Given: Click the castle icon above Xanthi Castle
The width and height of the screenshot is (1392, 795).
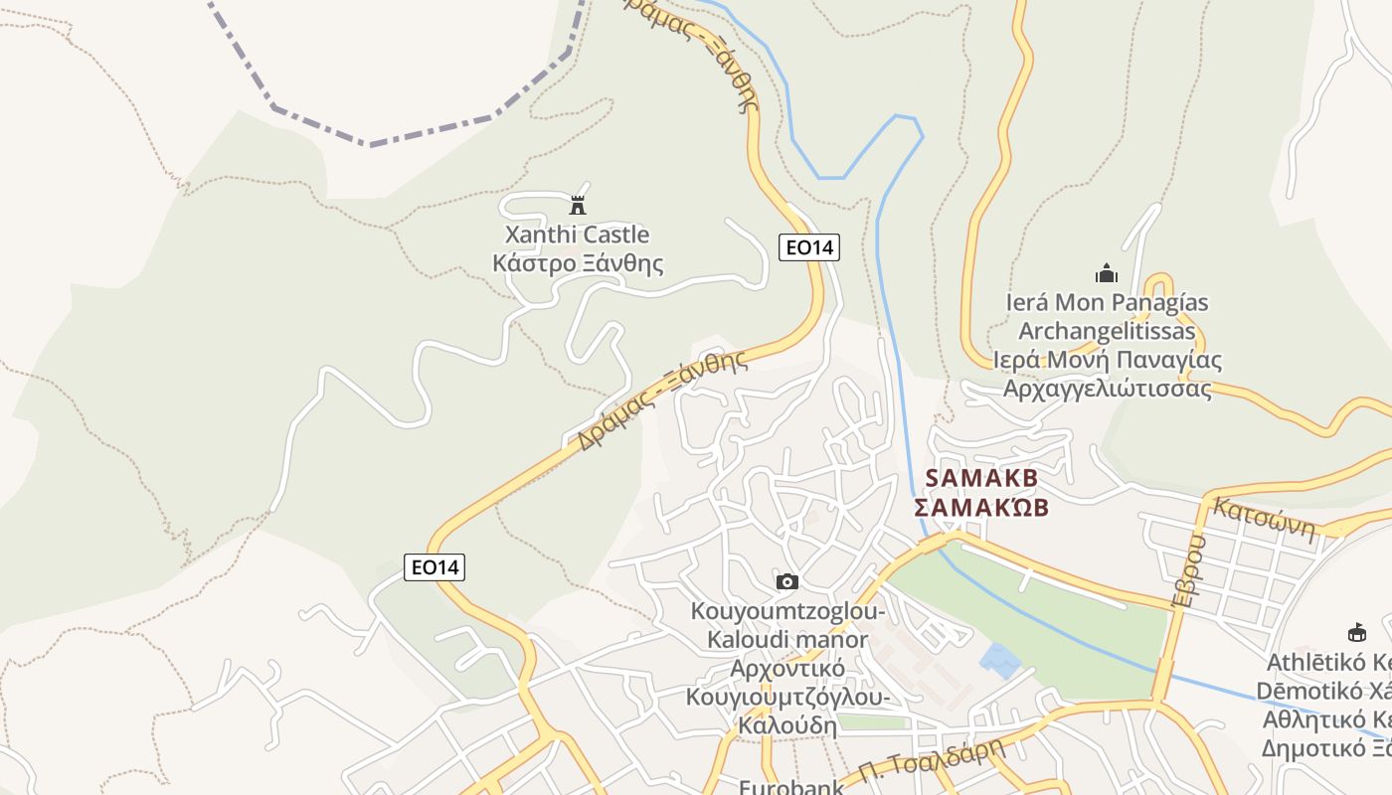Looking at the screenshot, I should click(x=577, y=206).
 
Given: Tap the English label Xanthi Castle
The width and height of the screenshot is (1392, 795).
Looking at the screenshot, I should click(x=577, y=236).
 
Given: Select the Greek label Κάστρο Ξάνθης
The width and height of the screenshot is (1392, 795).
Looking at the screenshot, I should click(x=578, y=263).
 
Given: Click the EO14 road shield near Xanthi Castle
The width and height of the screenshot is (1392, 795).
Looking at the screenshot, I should click(x=809, y=247).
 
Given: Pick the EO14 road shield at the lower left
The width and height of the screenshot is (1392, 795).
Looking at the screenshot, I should click(x=435, y=567).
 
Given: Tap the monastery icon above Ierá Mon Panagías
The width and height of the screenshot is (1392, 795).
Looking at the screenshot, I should click(x=1106, y=273).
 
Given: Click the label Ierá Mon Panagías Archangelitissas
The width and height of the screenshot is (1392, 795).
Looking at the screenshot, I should click(x=1107, y=316).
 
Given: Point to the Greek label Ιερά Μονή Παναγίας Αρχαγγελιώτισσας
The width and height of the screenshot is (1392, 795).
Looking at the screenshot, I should click(x=1108, y=374).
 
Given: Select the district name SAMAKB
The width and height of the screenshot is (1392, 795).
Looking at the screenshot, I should click(x=981, y=478).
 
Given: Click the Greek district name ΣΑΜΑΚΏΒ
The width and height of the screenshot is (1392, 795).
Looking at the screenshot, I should click(x=981, y=508).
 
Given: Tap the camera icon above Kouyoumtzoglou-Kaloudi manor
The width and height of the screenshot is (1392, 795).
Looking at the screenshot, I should click(x=787, y=581).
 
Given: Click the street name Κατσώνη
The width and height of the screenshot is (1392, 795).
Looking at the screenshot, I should click(x=1264, y=518).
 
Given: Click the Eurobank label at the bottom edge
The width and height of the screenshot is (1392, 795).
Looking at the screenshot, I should click(x=790, y=787).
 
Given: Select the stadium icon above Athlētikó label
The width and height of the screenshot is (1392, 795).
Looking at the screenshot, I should click(x=1356, y=632).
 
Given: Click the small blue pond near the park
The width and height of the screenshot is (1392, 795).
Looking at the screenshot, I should click(x=999, y=657).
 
